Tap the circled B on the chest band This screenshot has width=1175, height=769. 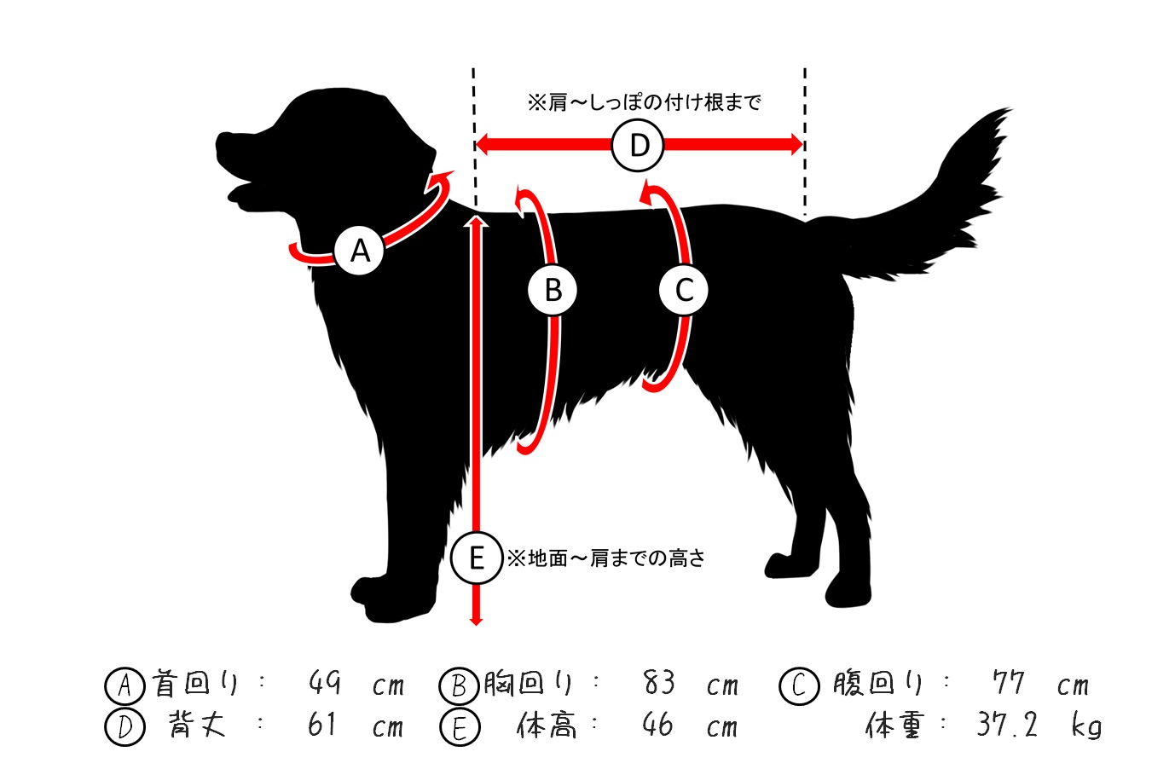point(553,290)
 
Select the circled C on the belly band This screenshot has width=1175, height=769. point(684,290)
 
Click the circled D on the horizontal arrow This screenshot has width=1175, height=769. point(638,145)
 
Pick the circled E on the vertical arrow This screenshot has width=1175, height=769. point(477,558)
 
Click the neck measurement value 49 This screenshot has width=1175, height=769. point(324,682)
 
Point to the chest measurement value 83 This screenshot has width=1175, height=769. point(658,682)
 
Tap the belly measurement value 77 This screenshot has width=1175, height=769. point(1008,682)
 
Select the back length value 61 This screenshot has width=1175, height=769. point(321,725)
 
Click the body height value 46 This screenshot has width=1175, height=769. point(657,725)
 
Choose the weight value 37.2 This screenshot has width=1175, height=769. point(1007,726)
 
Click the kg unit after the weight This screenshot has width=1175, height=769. point(1085,726)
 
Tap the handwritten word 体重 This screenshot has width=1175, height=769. point(893,725)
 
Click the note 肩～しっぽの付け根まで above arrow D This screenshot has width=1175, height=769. point(644,102)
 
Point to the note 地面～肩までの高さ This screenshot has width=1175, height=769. point(606,558)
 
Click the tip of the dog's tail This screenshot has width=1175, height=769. point(1011,109)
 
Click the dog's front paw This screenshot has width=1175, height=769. point(391,599)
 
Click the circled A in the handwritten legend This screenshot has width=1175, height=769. point(124,685)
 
